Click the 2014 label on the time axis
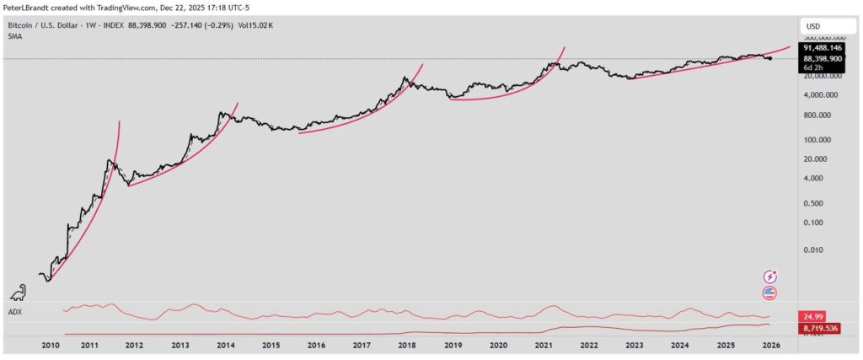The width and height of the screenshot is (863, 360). (225, 345)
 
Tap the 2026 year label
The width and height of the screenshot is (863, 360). (770, 345)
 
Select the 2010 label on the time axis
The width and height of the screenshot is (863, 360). (50, 345)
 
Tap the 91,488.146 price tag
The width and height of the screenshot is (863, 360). (823, 49)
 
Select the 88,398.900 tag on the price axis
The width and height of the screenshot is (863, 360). (823, 59)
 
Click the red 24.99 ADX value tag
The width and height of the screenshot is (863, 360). (813, 316)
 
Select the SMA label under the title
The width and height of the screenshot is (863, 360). (14, 36)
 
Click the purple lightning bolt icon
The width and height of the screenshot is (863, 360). (769, 276)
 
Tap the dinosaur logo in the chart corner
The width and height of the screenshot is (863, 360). (16, 293)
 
